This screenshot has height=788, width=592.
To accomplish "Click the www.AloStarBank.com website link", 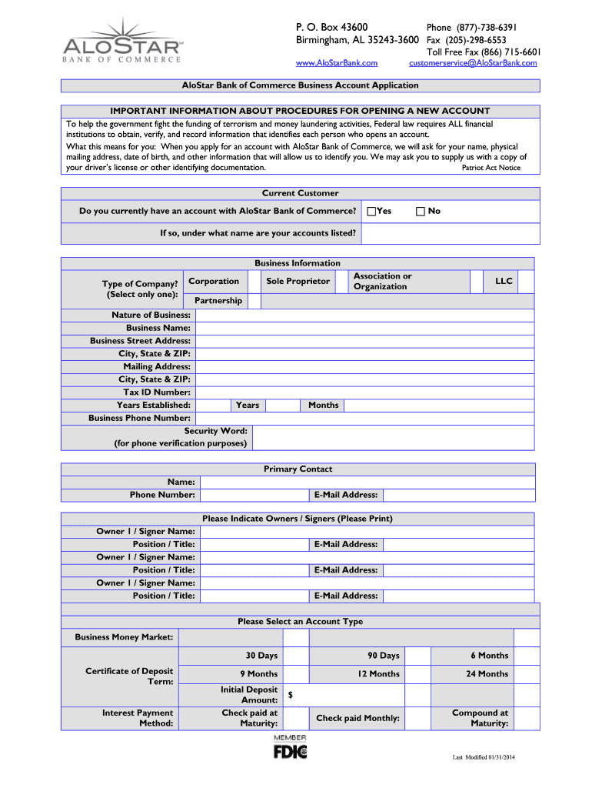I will pyautogui.click(x=337, y=63).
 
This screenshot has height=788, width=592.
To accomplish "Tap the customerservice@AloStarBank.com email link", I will pyautogui.click(x=473, y=63).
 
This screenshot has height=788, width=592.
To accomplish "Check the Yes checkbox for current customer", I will pyautogui.click(x=372, y=211).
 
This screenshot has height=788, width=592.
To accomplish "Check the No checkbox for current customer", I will pyautogui.click(x=421, y=211).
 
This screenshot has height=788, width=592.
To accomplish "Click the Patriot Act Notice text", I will pyautogui.click(x=491, y=168).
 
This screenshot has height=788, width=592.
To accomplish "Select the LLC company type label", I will pyautogui.click(x=504, y=282).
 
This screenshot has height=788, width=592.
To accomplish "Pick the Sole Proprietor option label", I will pyautogui.click(x=298, y=282).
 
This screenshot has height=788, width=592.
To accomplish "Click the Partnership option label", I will pyautogui.click(x=218, y=301).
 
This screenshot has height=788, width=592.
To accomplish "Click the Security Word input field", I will pyautogui.click(x=392, y=437).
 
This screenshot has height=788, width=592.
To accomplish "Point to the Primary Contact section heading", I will pyautogui.click(x=298, y=469).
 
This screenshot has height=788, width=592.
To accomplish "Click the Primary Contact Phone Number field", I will pyautogui.click(x=253, y=495).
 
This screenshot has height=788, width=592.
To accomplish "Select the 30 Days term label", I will pyautogui.click(x=261, y=656).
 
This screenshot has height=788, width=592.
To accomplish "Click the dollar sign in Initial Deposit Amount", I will pyautogui.click(x=291, y=695).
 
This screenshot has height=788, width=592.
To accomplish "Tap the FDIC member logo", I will pyautogui.click(x=290, y=747).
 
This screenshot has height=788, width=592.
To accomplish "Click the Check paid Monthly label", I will pyautogui.click(x=358, y=719).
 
